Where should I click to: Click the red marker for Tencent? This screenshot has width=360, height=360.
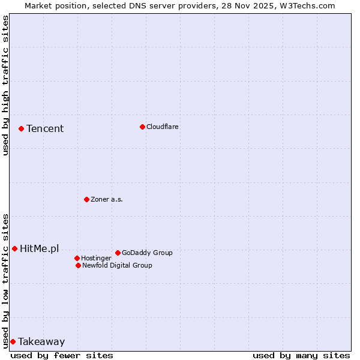point(21,128)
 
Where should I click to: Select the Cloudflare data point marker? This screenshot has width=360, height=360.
point(142,127)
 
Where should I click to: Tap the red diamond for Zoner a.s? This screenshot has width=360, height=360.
point(86,199)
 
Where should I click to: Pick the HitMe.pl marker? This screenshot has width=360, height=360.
point(14,248)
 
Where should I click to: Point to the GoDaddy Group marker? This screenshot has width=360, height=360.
point(118,253)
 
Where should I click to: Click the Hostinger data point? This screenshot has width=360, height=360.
point(77,258)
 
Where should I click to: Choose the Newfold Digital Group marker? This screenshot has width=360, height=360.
point(78,265)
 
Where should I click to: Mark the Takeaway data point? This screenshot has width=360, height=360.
point(13,341)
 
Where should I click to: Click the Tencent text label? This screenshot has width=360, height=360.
point(45,128)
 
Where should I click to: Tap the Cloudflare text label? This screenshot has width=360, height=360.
point(163,127)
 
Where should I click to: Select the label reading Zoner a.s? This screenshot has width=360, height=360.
point(107,199)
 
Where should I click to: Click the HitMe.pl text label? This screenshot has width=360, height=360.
point(40,248)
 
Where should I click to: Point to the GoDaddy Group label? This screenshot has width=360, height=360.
point(147,253)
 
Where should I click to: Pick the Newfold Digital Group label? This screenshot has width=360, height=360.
point(117,265)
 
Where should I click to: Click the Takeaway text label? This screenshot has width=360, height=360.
point(41,341)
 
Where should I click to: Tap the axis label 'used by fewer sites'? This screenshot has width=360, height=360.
point(62,355)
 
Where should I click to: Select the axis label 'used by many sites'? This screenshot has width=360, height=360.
point(301,355)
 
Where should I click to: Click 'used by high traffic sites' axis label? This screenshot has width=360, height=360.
point(5,85)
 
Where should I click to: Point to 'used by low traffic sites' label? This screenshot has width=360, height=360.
point(5,280)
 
